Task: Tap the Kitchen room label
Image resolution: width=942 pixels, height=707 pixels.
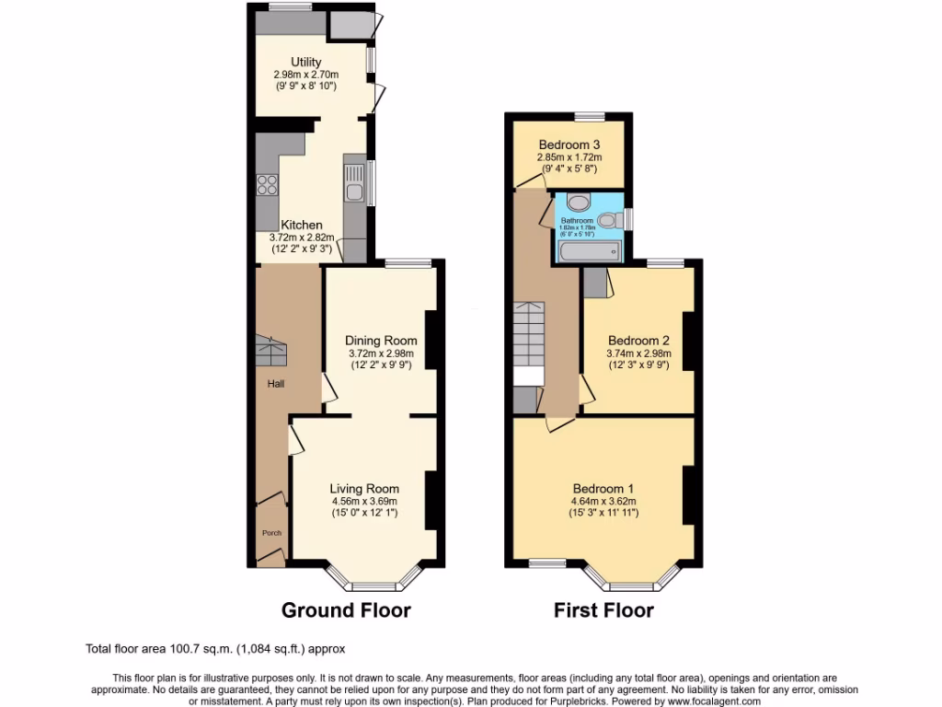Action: pyautogui.click(x=302, y=225)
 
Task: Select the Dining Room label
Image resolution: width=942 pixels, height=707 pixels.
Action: pyautogui.click(x=381, y=341)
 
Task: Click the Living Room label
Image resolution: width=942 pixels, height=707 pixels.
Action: pyautogui.click(x=365, y=489)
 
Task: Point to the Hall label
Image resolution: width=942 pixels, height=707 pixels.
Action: pyautogui.click(x=276, y=384)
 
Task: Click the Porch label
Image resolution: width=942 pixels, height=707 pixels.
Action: pyautogui.click(x=271, y=533)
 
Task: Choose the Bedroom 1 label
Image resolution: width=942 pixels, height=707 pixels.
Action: pyautogui.click(x=603, y=489)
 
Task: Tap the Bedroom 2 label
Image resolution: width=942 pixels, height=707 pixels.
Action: pyautogui.click(x=638, y=341)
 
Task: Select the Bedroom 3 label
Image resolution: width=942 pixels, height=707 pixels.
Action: pyautogui.click(x=569, y=145)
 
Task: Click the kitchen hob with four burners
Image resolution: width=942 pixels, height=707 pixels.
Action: pyautogui.click(x=267, y=184)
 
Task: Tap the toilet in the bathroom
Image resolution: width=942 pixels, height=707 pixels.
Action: pyautogui.click(x=607, y=220)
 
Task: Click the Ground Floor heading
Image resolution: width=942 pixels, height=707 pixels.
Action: pyautogui.click(x=346, y=609)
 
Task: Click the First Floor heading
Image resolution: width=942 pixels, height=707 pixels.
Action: pyautogui.click(x=603, y=609)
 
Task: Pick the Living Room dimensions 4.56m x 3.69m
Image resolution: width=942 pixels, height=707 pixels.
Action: pyautogui.click(x=365, y=502)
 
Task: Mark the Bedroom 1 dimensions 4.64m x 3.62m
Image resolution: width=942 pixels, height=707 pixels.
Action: pyautogui.click(x=603, y=502)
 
